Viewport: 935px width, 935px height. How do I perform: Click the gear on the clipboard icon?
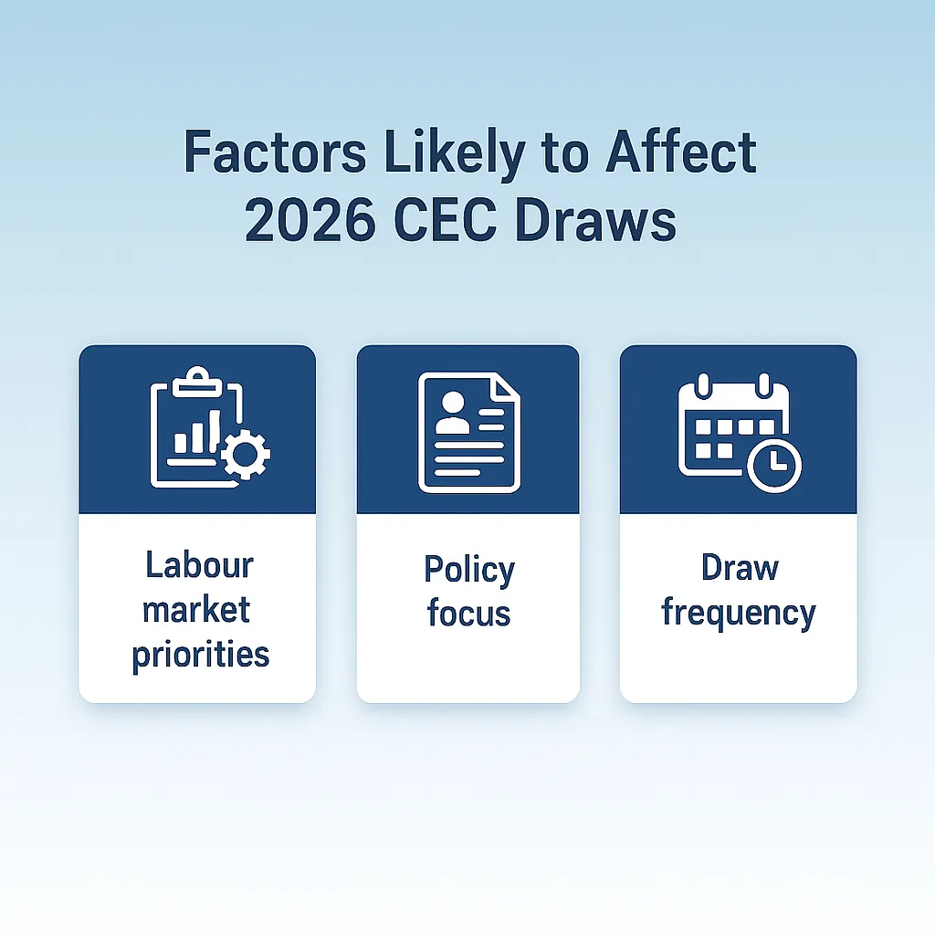(x=246, y=454)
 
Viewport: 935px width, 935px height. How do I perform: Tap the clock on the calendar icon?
(x=773, y=465)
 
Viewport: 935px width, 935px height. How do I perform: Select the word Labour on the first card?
(x=199, y=565)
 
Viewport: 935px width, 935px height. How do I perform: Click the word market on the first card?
(x=196, y=609)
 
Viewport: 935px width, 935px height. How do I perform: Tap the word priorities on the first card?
(x=201, y=654)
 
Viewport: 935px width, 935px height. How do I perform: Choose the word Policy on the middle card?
(x=469, y=570)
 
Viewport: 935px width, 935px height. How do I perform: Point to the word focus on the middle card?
(x=468, y=613)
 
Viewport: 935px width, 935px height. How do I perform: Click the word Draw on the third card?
(x=740, y=568)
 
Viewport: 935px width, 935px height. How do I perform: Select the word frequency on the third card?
(x=738, y=613)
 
